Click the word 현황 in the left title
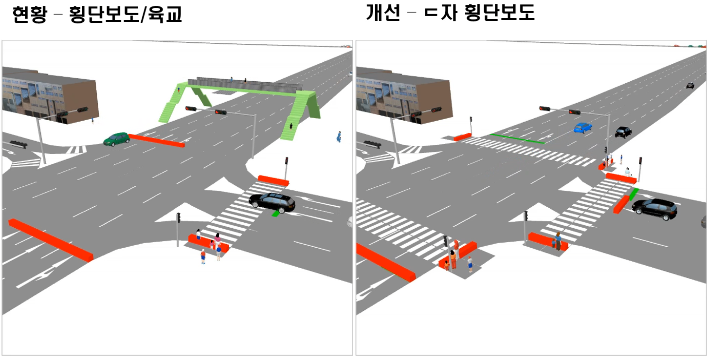point(29,15)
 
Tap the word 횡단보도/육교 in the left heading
point(126,15)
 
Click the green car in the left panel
point(116,139)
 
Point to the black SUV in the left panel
point(272,202)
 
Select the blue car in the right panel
point(582,127)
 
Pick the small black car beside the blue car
point(623,132)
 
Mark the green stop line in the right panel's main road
point(517,138)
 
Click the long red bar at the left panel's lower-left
point(51,239)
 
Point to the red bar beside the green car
point(156,141)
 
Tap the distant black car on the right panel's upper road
point(690,86)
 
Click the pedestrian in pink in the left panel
point(218,239)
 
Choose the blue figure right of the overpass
point(338,137)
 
